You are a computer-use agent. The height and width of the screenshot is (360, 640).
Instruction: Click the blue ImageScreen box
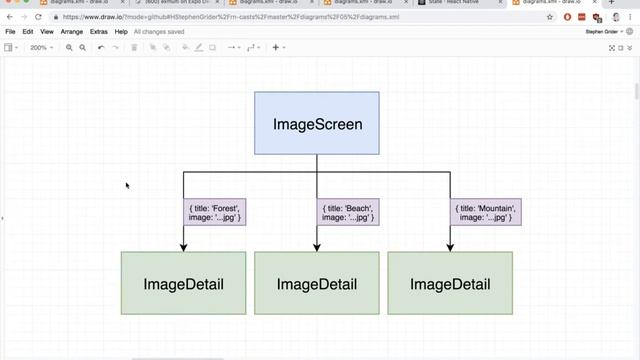(316, 123)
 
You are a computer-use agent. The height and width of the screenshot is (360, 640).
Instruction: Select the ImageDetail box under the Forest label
(183, 284)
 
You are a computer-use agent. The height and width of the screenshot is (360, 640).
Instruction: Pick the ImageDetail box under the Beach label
(316, 284)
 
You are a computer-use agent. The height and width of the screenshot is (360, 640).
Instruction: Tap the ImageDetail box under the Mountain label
(449, 284)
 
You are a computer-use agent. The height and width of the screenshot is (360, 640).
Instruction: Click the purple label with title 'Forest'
(215, 212)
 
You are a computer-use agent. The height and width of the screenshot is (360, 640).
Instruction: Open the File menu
(10, 32)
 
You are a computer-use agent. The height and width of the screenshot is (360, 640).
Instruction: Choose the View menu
(47, 32)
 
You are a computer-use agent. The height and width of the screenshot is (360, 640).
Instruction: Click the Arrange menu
(72, 32)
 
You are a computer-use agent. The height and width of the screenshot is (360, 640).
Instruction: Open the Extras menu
(99, 32)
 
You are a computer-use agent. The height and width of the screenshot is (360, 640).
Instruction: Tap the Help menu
(121, 32)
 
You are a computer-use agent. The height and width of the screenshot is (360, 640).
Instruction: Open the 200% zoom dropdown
(42, 48)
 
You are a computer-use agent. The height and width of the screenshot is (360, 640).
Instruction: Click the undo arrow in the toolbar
(101, 48)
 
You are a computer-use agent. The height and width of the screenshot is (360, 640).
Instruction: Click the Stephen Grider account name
(603, 32)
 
